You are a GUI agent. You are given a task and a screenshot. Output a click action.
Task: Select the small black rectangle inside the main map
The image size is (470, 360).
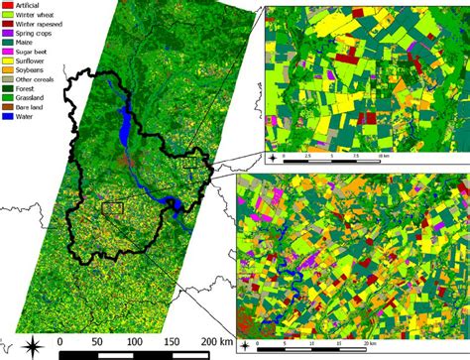112,209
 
